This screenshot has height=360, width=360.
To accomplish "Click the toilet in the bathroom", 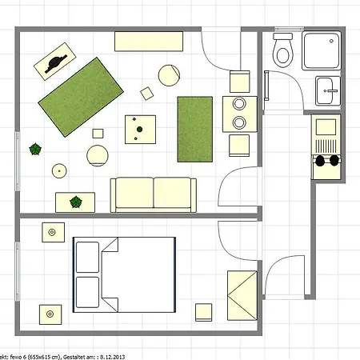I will click(x=282, y=51).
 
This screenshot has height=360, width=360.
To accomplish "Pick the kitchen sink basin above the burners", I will click(x=325, y=126).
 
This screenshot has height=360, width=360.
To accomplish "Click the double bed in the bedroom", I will click(x=124, y=274).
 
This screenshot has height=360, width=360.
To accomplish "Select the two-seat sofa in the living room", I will click(x=153, y=194).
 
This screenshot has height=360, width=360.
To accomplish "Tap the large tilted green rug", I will click(x=80, y=96).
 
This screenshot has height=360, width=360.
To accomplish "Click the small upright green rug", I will click(x=194, y=126).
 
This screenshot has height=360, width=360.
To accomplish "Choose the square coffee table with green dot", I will click(x=139, y=128).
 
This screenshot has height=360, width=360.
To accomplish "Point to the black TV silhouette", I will click(x=57, y=63).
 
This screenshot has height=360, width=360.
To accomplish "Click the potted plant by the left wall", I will click(x=35, y=149).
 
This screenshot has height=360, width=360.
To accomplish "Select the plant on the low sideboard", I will click(x=76, y=202).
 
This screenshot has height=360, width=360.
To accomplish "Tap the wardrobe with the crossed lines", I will click(x=242, y=296).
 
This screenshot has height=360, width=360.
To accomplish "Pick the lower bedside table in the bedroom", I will click(x=53, y=313).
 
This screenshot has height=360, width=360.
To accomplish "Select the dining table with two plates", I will click(x=238, y=114).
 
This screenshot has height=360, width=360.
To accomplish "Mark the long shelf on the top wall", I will click(x=146, y=42).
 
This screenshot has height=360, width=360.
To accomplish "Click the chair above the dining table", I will click(x=240, y=82).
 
